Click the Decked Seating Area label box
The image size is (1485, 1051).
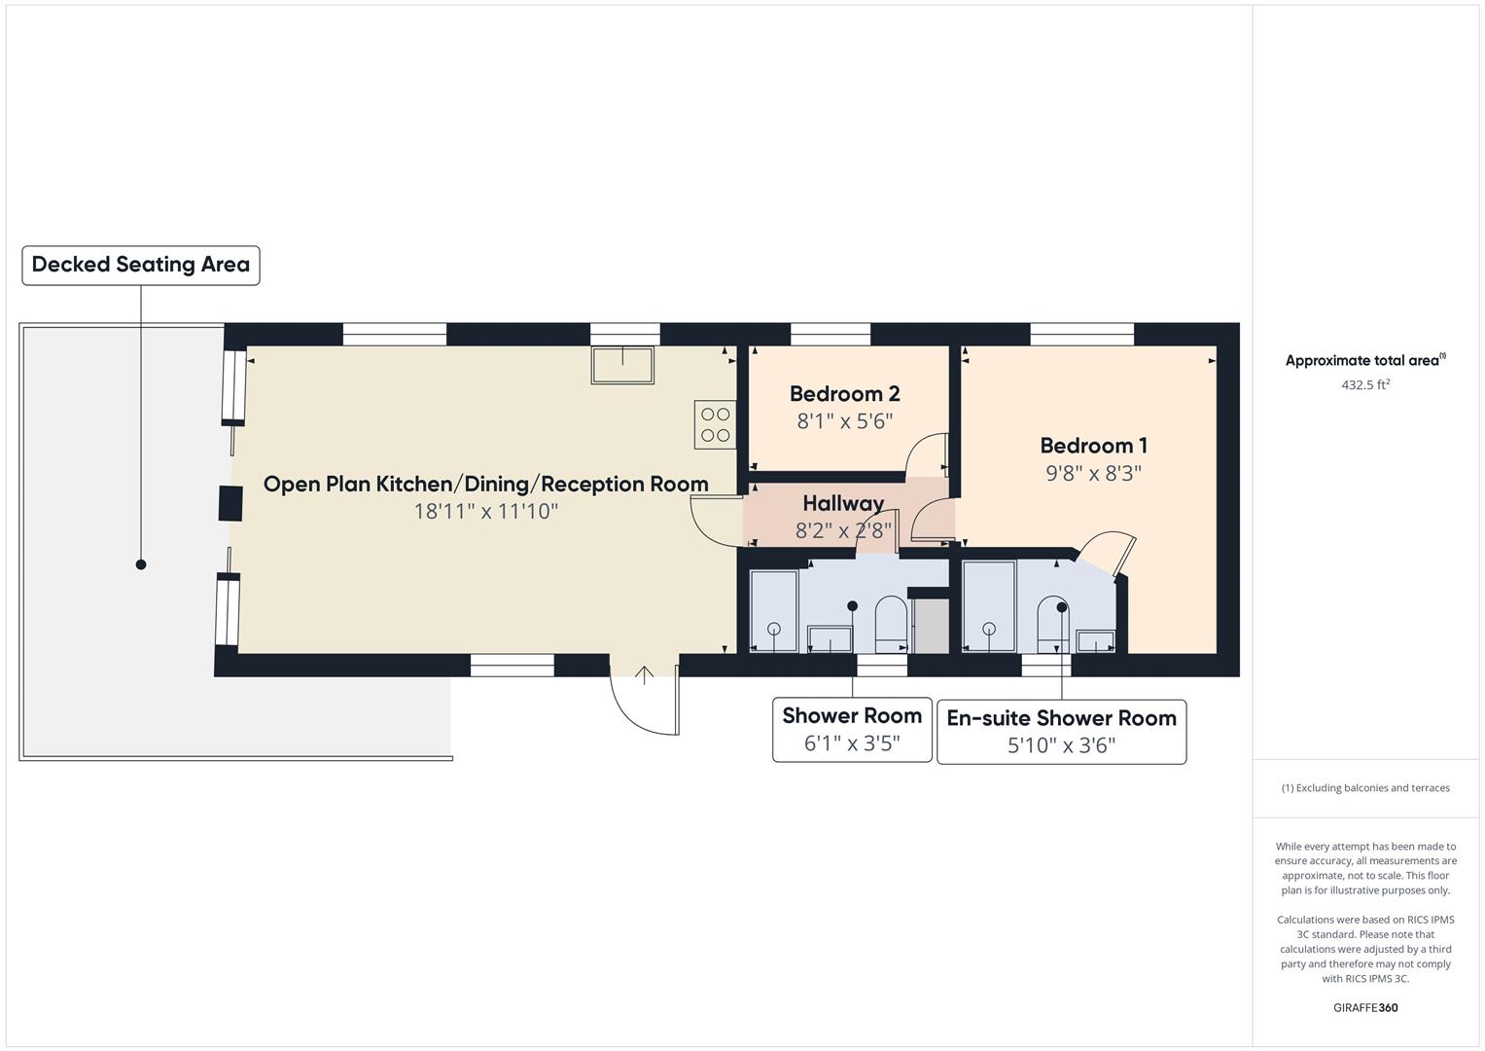pos(141,265)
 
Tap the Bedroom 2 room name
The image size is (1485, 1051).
pos(844,394)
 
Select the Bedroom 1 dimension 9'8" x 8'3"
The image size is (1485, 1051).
pos(1093,474)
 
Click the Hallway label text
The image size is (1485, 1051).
pos(842,503)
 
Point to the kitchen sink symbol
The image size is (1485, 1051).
pos(623,365)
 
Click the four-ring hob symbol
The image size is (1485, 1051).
pos(715,425)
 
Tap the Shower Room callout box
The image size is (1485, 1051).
pos(852,729)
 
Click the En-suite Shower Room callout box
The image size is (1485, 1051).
pos(1061,731)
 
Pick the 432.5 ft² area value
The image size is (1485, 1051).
pos(1364,385)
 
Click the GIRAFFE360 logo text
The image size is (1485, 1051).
pos(1364,1007)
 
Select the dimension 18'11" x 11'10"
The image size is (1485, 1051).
pos(485,512)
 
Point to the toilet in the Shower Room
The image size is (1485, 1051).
pos(891,625)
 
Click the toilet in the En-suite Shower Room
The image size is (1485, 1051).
pos(1051,625)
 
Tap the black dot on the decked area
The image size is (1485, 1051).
pos(141,564)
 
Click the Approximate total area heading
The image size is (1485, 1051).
pos(1364,361)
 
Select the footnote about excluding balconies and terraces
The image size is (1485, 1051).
pos(1364,788)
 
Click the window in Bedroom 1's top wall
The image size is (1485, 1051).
pos(1081,335)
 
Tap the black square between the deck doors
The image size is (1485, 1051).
pos(230,503)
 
